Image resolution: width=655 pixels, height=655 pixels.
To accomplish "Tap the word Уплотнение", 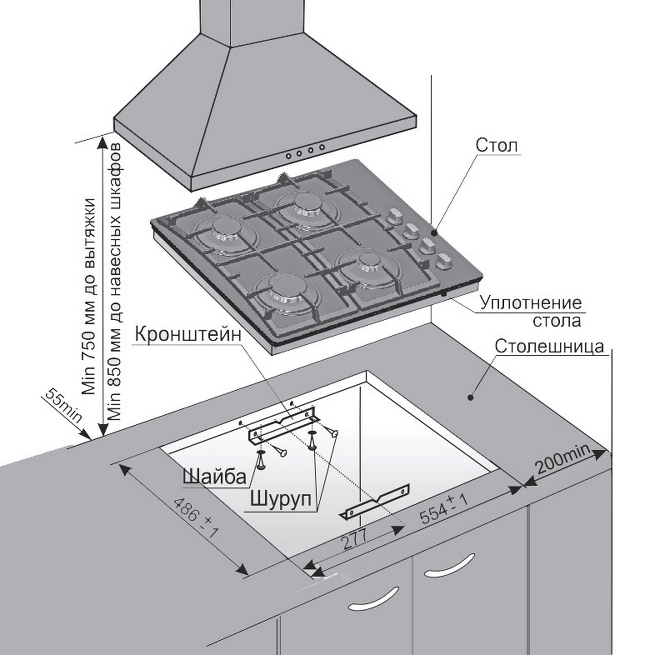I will click(x=531, y=303).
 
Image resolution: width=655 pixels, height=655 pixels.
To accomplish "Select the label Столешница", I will click(x=549, y=346).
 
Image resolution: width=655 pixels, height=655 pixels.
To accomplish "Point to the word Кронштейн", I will click(x=188, y=334).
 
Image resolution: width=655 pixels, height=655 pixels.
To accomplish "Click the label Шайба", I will click(x=214, y=476).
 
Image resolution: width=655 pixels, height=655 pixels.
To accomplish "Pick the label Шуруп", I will click(x=280, y=499).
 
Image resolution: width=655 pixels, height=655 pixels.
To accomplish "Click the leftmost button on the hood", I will click(x=289, y=156).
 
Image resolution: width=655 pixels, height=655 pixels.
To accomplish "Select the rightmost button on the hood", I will click(x=322, y=147).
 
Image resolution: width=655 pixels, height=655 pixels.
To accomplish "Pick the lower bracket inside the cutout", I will click(x=374, y=500).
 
